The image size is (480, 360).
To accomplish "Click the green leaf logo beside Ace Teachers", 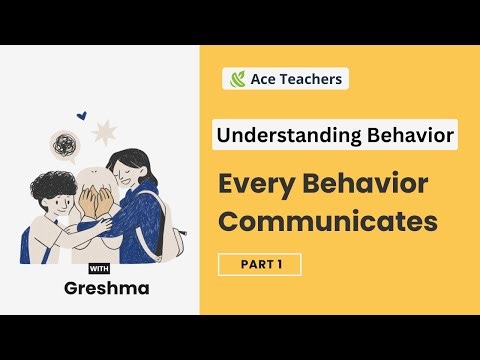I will [x=238, y=78].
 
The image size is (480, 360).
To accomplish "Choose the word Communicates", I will [x=328, y=222].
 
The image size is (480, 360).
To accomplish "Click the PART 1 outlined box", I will [x=259, y=264].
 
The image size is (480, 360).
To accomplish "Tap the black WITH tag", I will [x=99, y=268].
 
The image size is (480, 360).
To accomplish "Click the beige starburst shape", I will [x=104, y=131].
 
